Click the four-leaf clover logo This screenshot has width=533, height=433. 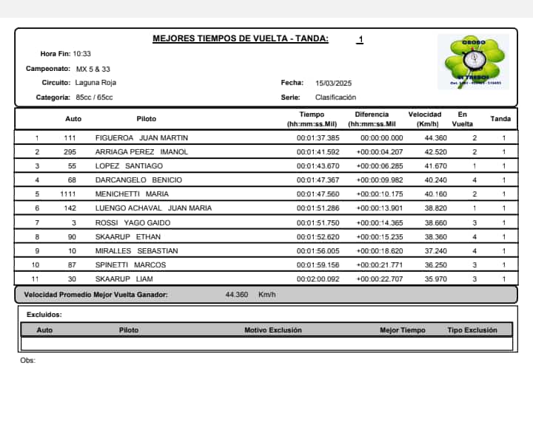click(x=473, y=62)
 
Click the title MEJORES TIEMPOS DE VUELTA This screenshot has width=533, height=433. click(x=240, y=39)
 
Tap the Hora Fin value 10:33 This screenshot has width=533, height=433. click(x=81, y=54)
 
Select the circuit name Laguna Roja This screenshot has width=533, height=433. click(x=95, y=83)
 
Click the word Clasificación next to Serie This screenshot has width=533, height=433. click(x=335, y=97)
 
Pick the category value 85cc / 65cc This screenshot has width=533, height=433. click(x=95, y=97)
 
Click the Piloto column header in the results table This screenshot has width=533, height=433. click(x=147, y=119)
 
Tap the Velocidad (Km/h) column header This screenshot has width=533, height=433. click(x=425, y=119)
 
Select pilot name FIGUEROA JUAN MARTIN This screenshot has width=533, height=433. click(x=141, y=138)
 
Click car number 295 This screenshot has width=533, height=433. click(x=70, y=152)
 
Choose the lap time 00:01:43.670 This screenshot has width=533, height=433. click(x=318, y=166)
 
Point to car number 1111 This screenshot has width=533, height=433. click(x=68, y=194)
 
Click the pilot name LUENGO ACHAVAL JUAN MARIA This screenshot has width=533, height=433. click(x=153, y=208)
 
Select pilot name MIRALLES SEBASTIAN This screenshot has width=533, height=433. click(x=136, y=250)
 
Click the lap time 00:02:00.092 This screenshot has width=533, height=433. click(x=318, y=279)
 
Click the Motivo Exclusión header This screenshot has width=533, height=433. click(x=273, y=330)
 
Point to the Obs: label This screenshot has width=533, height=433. click(x=28, y=361)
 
